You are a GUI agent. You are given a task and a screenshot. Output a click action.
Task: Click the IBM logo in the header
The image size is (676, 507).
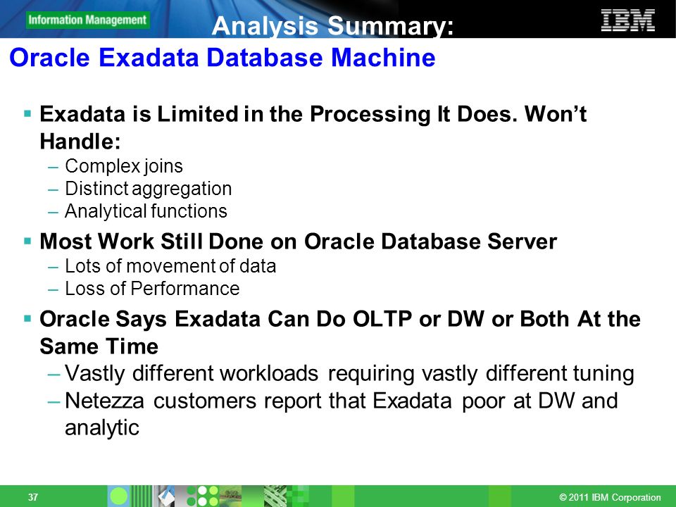pyautogui.click(x=627, y=20)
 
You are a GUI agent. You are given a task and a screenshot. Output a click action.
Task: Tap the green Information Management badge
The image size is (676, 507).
pyautogui.click(x=88, y=20)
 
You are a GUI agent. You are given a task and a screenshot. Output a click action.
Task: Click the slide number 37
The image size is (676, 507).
pyautogui.click(x=33, y=497)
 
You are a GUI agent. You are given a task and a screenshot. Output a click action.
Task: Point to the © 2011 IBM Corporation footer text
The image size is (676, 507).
pyautogui.click(x=610, y=497)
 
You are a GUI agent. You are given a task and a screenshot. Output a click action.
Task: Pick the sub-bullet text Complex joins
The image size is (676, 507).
pyautogui.click(x=124, y=166)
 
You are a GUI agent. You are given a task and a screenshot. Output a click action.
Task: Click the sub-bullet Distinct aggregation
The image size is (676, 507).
pyautogui.click(x=149, y=189)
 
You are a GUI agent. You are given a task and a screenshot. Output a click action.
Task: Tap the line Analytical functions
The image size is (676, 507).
pyautogui.click(x=146, y=211)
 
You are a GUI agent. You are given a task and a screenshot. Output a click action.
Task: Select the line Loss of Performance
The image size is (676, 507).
pyautogui.click(x=152, y=289)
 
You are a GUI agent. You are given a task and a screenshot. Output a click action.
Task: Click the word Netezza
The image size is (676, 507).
pyautogui.click(x=104, y=401)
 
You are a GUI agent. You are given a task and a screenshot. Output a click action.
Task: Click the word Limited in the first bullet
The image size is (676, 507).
pyautogui.click(x=197, y=114)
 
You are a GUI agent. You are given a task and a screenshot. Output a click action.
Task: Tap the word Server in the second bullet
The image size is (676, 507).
pyautogui.click(x=522, y=242)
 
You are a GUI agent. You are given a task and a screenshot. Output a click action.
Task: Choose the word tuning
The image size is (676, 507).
pyautogui.click(x=603, y=373)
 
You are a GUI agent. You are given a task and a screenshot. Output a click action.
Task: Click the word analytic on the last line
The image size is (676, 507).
pyautogui.click(x=101, y=428)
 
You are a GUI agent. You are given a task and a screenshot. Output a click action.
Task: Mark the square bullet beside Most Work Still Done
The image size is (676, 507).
pyautogui.click(x=27, y=241)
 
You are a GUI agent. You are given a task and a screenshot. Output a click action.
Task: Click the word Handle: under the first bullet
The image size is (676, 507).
pyautogui.click(x=80, y=142)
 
